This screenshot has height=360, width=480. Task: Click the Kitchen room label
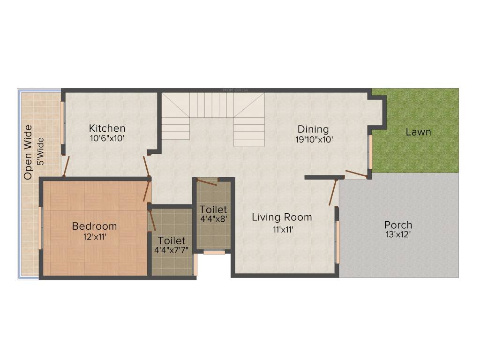click(107, 128)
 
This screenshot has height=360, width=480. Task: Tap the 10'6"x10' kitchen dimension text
click(107, 138)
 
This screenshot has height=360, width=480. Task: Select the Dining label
click(313, 129)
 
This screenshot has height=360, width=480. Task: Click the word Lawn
click(418, 132)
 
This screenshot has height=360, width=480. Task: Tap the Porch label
click(398, 225)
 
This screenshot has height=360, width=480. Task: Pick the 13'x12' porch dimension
click(398, 234)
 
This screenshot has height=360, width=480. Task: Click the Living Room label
click(282, 217)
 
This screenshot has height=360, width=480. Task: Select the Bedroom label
click(94, 226)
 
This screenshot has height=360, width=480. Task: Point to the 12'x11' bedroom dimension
click(94, 237)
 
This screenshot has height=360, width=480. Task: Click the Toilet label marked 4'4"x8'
click(213, 209)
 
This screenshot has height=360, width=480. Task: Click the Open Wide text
click(28, 152)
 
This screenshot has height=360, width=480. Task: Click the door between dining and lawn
click(356, 174)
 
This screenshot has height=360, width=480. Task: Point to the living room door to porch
click(333, 192)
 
